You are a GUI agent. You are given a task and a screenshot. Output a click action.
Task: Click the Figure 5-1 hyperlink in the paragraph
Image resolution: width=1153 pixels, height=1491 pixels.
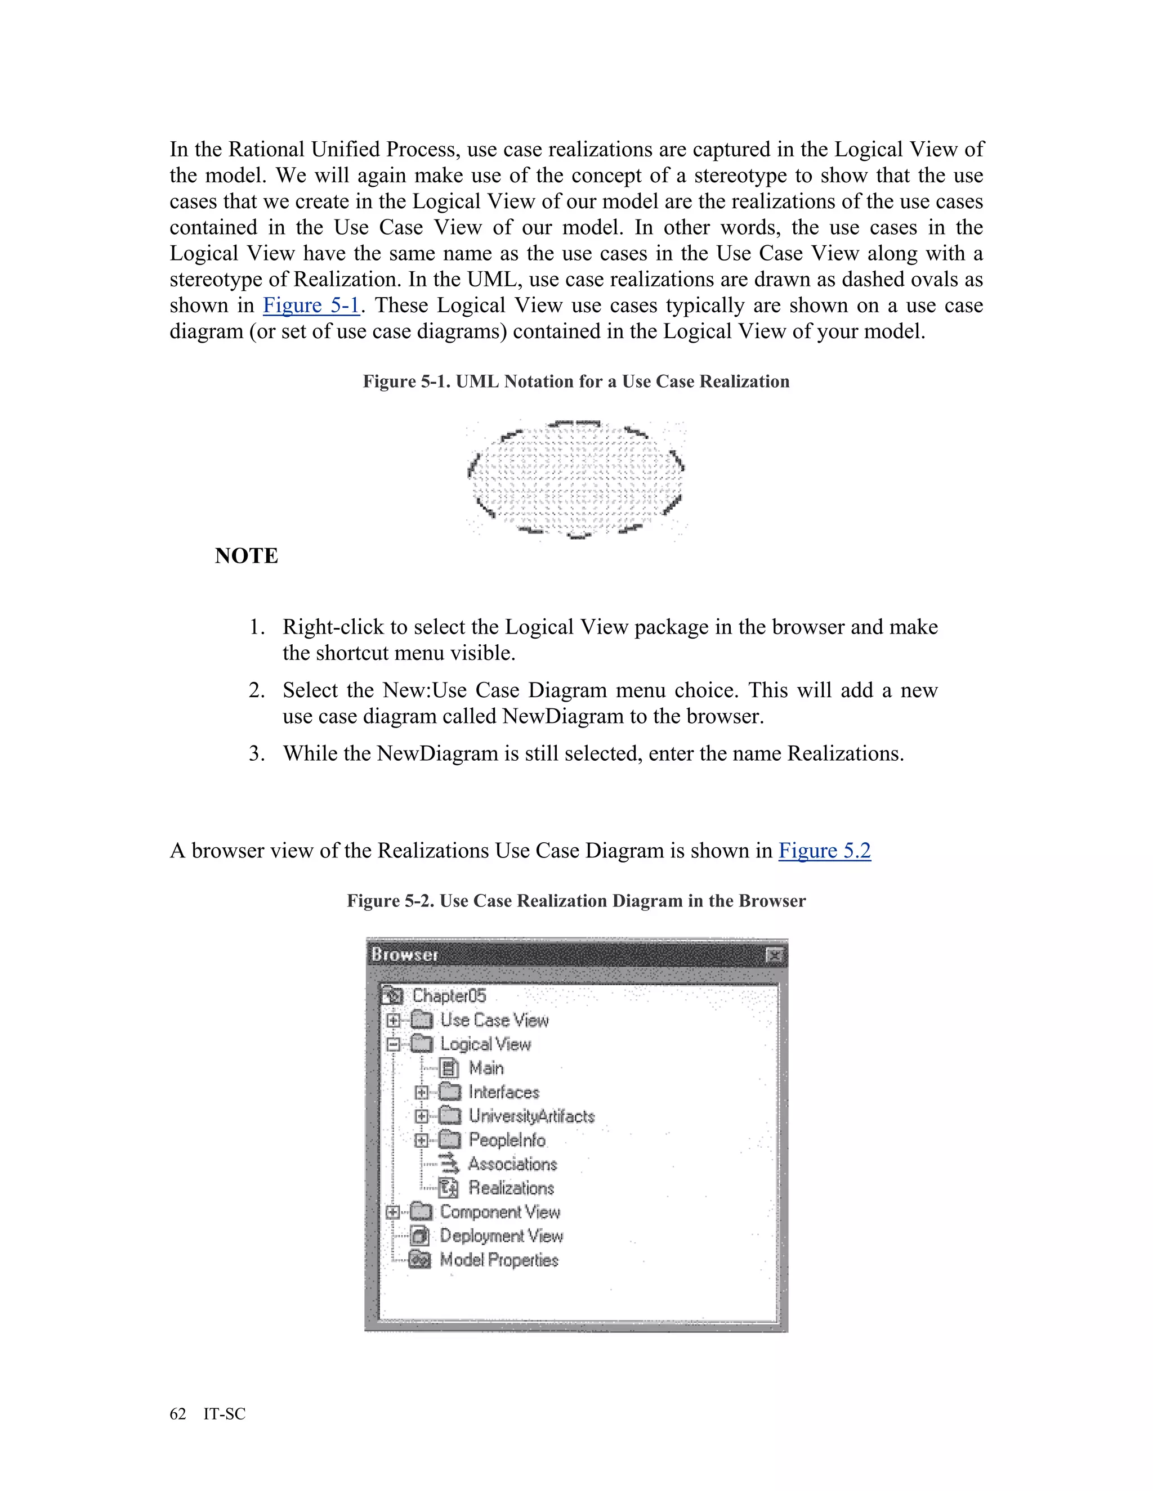pyautogui.click(x=311, y=305)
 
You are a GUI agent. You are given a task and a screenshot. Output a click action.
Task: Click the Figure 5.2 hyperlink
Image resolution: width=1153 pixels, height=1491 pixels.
pyautogui.click(x=824, y=851)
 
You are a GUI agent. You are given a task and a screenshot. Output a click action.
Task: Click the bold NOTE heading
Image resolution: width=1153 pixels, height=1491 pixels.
pyautogui.click(x=247, y=556)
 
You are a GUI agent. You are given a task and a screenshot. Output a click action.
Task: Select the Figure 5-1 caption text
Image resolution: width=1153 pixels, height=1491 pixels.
pyautogui.click(x=576, y=381)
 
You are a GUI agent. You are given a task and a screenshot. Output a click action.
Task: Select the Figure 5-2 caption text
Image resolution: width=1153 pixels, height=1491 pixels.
pyautogui.click(x=576, y=901)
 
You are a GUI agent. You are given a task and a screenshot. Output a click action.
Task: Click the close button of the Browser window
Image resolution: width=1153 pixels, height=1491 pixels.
pyautogui.click(x=774, y=954)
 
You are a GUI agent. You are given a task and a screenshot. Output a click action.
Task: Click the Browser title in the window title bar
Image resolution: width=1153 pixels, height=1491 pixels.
pyautogui.click(x=404, y=954)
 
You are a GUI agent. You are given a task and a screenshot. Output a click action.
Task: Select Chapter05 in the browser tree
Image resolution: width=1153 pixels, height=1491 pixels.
pyautogui.click(x=449, y=996)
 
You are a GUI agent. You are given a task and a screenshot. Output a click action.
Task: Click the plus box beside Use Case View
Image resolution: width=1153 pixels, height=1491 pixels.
pyautogui.click(x=394, y=1021)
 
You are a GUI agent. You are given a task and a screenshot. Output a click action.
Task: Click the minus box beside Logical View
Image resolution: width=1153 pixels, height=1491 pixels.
pyautogui.click(x=394, y=1044)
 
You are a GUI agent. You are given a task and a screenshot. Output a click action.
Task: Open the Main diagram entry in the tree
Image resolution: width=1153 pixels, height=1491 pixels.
pyautogui.click(x=486, y=1068)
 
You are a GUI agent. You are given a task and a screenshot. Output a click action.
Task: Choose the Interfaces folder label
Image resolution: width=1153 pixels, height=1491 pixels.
pyautogui.click(x=503, y=1092)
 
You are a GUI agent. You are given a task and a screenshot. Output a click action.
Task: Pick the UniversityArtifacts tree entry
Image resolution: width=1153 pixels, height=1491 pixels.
pyautogui.click(x=531, y=1116)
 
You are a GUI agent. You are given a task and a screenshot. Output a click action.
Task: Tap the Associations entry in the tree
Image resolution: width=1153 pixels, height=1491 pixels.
pyautogui.click(x=512, y=1164)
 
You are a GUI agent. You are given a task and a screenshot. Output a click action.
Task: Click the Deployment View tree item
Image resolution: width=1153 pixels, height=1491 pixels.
pyautogui.click(x=500, y=1236)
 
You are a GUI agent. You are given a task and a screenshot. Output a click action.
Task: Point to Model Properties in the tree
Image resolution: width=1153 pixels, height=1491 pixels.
pyautogui.click(x=499, y=1260)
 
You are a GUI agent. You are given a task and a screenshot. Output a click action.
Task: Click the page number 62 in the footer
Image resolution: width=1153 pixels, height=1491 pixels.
pyautogui.click(x=177, y=1414)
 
